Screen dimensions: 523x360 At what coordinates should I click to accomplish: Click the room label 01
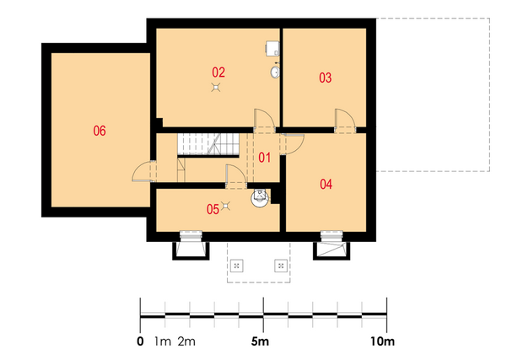265,158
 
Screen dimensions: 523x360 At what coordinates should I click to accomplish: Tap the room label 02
218,72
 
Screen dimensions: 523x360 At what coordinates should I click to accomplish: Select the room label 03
326,78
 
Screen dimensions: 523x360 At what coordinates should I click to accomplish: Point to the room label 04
326,184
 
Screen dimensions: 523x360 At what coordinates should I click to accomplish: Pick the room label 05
213,209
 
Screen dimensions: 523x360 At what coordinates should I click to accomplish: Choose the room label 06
100,131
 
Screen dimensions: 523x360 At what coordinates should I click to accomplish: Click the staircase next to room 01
208,144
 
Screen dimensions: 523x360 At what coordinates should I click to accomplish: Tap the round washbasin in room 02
275,72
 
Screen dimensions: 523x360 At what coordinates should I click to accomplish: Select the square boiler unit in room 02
272,48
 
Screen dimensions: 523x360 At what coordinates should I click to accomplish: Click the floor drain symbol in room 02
216,88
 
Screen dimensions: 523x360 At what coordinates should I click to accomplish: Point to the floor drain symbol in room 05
226,206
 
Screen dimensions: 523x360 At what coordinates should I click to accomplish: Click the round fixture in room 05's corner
260,197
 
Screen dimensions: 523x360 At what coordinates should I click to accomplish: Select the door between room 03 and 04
345,121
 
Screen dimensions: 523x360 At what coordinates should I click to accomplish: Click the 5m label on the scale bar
260,341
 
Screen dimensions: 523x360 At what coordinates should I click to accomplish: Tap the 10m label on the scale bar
382,341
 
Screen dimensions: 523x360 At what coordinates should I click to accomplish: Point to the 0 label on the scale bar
140,341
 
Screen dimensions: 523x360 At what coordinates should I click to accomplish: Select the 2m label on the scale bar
186,341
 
